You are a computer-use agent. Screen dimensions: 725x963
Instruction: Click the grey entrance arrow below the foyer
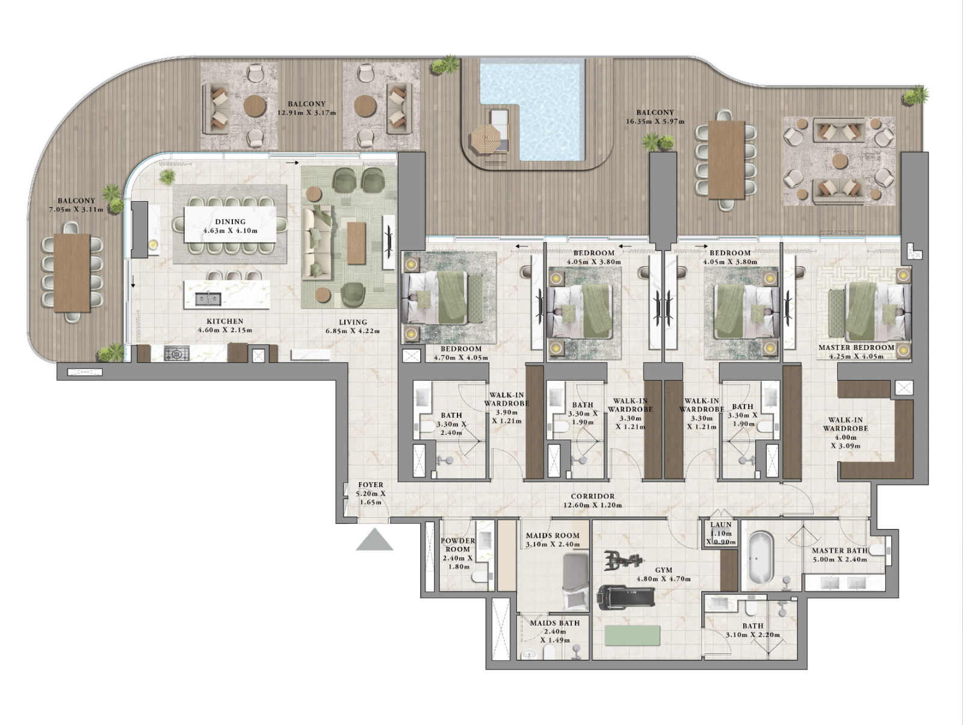(374, 540)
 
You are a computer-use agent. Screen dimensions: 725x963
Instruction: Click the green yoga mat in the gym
(632, 635)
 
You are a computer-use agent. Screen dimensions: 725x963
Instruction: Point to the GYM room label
(663, 570)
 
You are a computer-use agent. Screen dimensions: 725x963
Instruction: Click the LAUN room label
(720, 525)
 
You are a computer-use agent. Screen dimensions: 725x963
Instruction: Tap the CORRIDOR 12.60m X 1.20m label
(592, 500)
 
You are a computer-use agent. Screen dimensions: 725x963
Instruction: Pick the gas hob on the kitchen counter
(176, 354)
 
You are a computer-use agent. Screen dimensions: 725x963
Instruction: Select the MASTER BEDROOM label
(855, 347)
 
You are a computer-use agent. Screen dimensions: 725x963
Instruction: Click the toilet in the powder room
(480, 577)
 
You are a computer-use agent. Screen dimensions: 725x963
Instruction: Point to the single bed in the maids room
(575, 581)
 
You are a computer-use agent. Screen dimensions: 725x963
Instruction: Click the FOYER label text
(370, 485)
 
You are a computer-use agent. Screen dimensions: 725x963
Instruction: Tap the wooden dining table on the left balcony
(72, 273)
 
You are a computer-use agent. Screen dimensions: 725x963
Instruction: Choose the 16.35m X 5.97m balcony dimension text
(655, 122)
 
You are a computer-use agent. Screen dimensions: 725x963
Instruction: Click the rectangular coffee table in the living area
(356, 243)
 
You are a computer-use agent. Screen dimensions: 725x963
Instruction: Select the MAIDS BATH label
(554, 623)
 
